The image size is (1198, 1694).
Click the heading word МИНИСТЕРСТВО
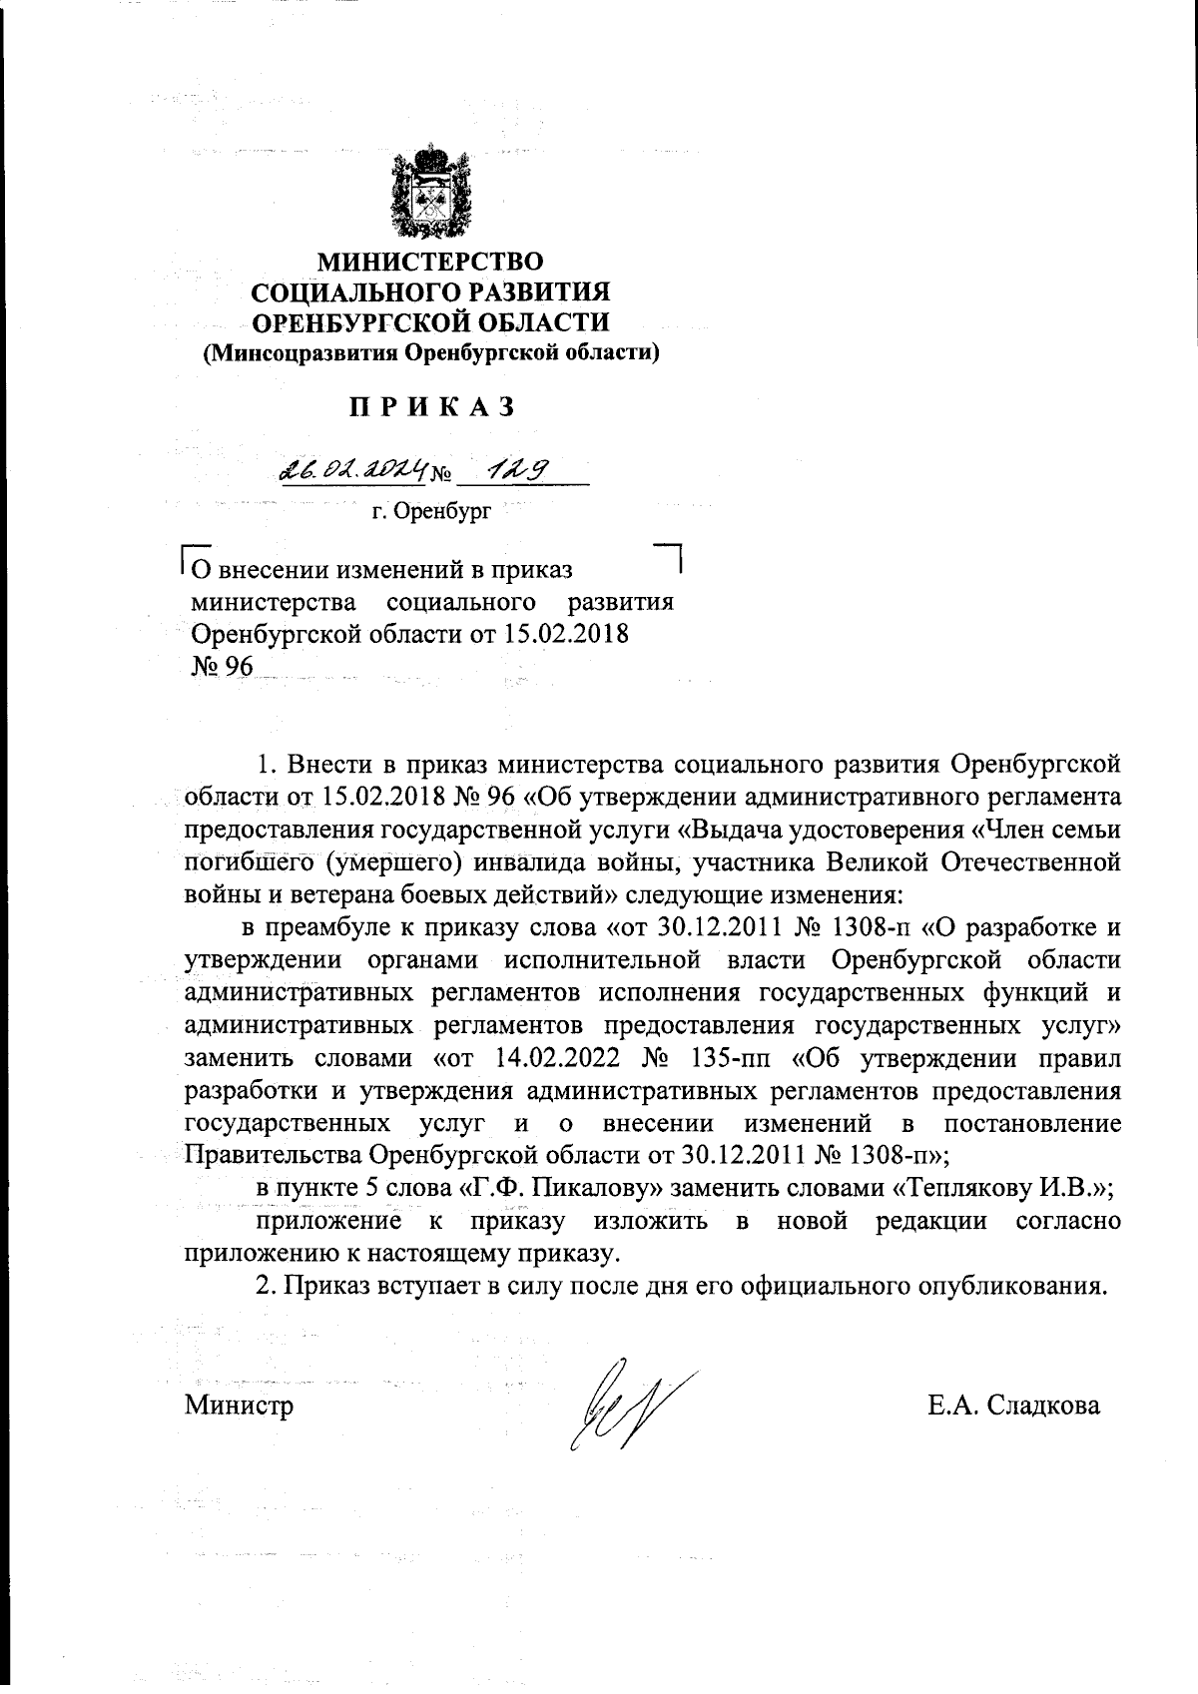coord(431,263)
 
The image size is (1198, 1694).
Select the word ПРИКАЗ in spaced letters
coord(431,407)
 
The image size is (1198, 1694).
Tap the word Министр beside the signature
coord(239,1407)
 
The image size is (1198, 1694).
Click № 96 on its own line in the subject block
coord(223,666)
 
